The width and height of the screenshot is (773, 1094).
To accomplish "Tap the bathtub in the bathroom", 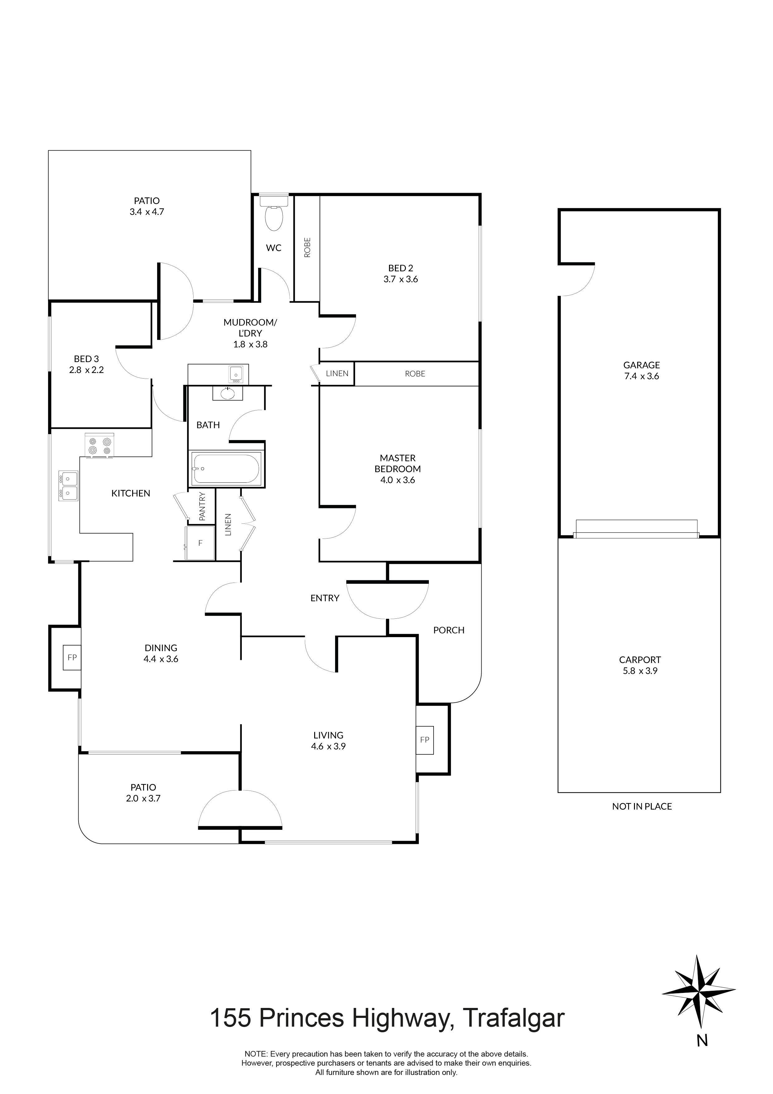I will click(x=226, y=468).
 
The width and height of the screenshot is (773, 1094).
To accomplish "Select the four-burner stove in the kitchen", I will click(x=99, y=446).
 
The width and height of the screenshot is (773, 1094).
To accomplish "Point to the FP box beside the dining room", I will click(x=72, y=657).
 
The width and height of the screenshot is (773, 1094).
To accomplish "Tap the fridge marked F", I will click(x=200, y=543).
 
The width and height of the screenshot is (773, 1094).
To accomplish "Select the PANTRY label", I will click(x=202, y=506).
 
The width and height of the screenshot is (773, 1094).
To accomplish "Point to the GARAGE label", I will click(x=641, y=365).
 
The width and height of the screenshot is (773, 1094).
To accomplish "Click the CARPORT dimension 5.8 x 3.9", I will click(x=640, y=670).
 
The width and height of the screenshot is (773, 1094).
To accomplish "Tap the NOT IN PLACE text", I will click(x=641, y=806).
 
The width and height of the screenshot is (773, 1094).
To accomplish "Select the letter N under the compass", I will click(x=702, y=1041).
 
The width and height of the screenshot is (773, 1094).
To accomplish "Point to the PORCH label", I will click(x=448, y=630).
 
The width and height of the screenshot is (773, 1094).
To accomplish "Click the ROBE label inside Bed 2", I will click(x=307, y=247).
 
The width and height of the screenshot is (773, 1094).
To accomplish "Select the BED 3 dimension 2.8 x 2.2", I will click(x=86, y=370).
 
